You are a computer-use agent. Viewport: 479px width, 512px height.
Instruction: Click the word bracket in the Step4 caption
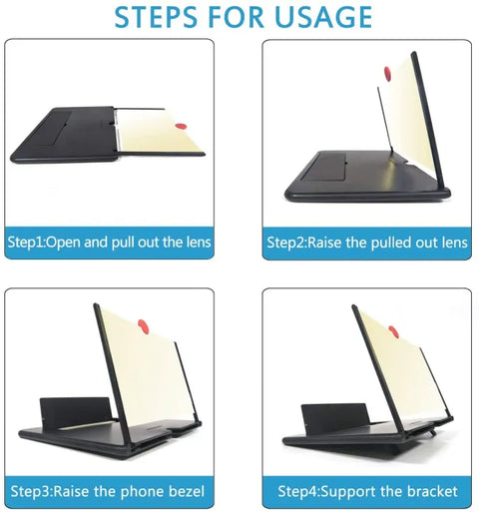point(430,491)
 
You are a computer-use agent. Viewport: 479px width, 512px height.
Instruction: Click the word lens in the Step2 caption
point(451,242)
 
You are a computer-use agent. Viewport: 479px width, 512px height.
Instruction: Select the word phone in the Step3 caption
point(140,491)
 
